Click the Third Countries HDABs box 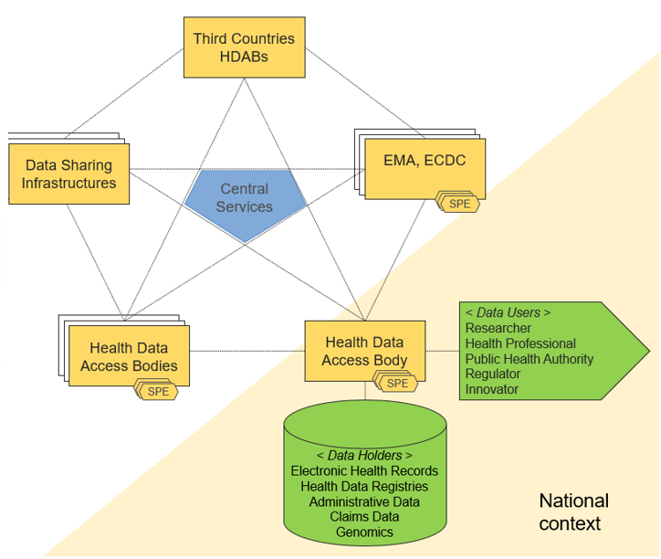[244, 47]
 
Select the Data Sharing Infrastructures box [70, 174]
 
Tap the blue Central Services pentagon [245, 198]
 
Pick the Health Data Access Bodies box [129, 356]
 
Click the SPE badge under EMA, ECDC [460, 204]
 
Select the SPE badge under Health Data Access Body [398, 384]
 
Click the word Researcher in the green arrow [498, 328]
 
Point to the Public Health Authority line [529, 359]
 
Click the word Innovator [491, 390]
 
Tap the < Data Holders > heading [364, 455]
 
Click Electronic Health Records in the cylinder [364, 470]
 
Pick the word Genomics [364, 533]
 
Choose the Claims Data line [364, 517]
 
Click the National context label [573, 512]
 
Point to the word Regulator [492, 374]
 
